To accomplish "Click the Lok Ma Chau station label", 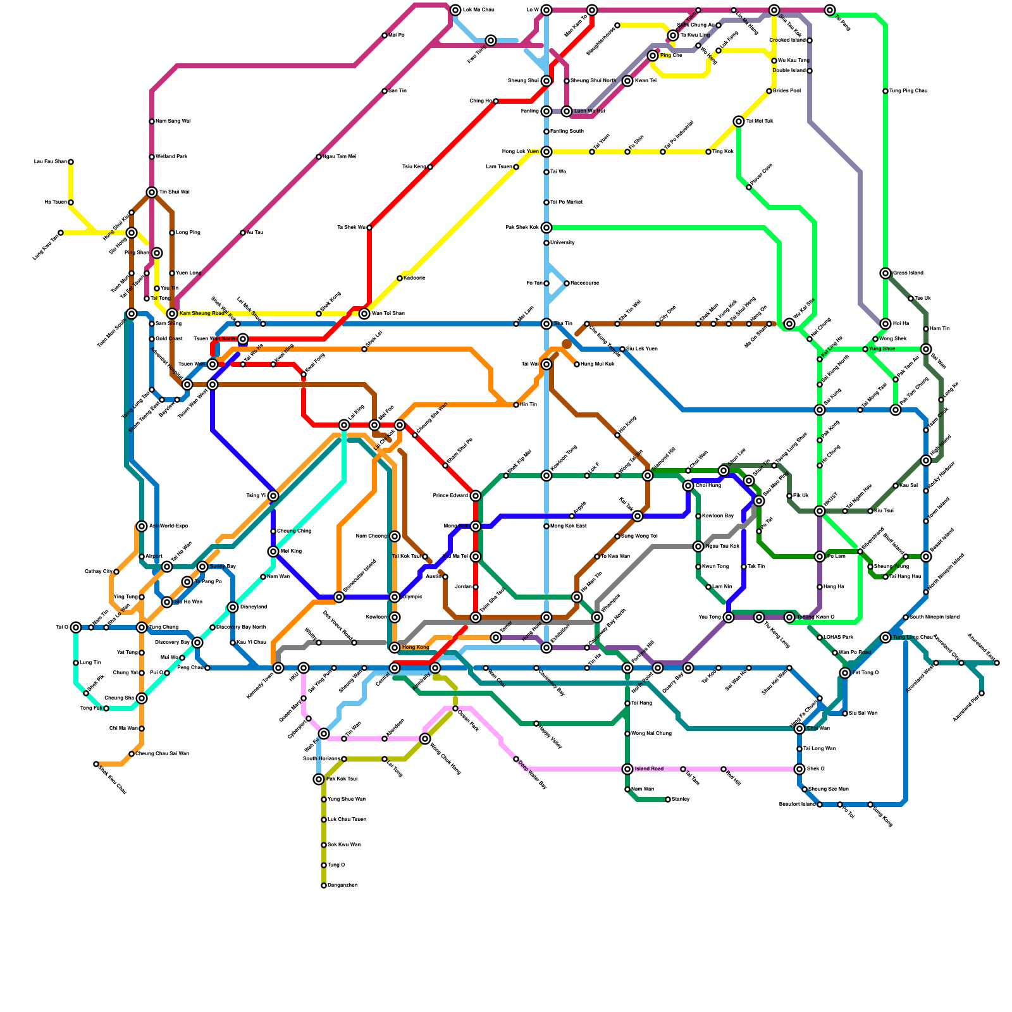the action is click(478, 10).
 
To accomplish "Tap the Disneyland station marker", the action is click(233, 607).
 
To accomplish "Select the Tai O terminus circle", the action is click(76, 627).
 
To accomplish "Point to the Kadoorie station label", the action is click(414, 278).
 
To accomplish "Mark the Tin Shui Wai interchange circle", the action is click(152, 192).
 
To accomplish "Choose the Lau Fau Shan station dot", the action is click(71, 162).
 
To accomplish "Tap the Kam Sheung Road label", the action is click(202, 314).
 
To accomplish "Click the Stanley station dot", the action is click(668, 799).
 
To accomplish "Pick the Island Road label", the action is click(649, 769).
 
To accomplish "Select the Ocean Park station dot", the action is click(455, 708).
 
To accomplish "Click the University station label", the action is click(562, 243).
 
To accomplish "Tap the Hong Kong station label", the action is click(416, 648).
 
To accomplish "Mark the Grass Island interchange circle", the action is click(885, 273).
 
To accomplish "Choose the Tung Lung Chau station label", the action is click(913, 638).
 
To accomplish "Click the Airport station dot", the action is click(142, 557).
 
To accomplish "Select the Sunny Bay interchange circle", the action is click(202, 567).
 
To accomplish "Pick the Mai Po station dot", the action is click(385, 35).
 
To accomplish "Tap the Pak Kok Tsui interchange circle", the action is click(319, 779).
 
